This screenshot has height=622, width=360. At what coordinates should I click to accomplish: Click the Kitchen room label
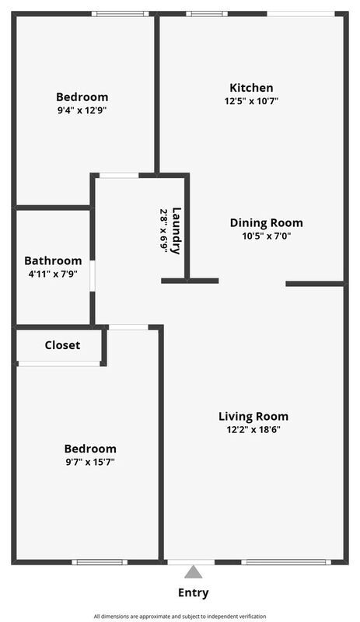tap(251, 88)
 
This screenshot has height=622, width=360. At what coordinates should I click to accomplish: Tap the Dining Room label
tap(267, 223)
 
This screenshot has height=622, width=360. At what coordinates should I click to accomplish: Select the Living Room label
tap(253, 417)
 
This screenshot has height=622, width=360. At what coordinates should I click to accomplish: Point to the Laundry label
tap(177, 231)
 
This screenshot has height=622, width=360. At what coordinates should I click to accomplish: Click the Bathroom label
tap(53, 260)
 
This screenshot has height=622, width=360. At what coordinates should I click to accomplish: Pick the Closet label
tap(62, 345)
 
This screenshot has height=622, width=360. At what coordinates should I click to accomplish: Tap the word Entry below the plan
tap(194, 593)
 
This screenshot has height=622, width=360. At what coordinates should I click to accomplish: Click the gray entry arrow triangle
tap(194, 572)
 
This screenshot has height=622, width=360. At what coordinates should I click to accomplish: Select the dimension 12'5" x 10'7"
tap(251, 101)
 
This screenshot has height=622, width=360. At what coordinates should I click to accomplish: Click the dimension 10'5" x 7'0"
tap(267, 236)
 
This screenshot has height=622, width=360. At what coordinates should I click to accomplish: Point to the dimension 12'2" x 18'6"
tap(253, 430)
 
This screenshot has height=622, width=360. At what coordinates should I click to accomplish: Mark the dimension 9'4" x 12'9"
tap(82, 110)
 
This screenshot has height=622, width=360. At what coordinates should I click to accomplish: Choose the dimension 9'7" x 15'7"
tap(90, 462)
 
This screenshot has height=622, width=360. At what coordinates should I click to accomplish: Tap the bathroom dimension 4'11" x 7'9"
tap(53, 274)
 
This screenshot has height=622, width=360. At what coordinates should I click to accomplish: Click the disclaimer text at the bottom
tap(180, 616)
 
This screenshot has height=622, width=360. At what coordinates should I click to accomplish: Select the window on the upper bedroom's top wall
tap(121, 14)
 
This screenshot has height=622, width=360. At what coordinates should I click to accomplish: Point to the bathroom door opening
tap(92, 276)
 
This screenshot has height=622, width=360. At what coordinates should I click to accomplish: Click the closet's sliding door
tap(59, 363)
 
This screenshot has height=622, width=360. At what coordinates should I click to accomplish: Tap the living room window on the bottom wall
tap(286, 562)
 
